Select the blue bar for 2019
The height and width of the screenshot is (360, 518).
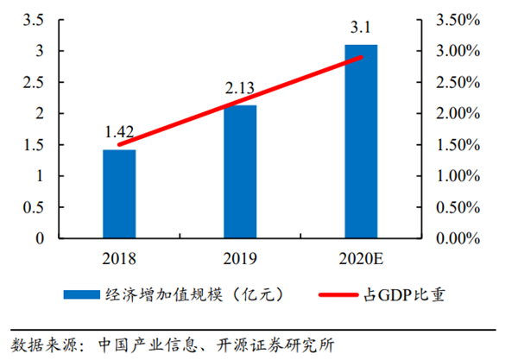tap(240, 172)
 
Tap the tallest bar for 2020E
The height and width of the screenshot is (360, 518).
tap(360, 142)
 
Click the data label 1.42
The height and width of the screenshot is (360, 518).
tap(119, 133)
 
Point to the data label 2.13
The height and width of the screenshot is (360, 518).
tap(240, 89)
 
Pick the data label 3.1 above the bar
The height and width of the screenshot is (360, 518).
tap(361, 28)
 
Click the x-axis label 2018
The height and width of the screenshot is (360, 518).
tap(119, 256)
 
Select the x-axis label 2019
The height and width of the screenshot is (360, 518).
tap(240, 256)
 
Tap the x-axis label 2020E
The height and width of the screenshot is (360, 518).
tap(361, 256)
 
